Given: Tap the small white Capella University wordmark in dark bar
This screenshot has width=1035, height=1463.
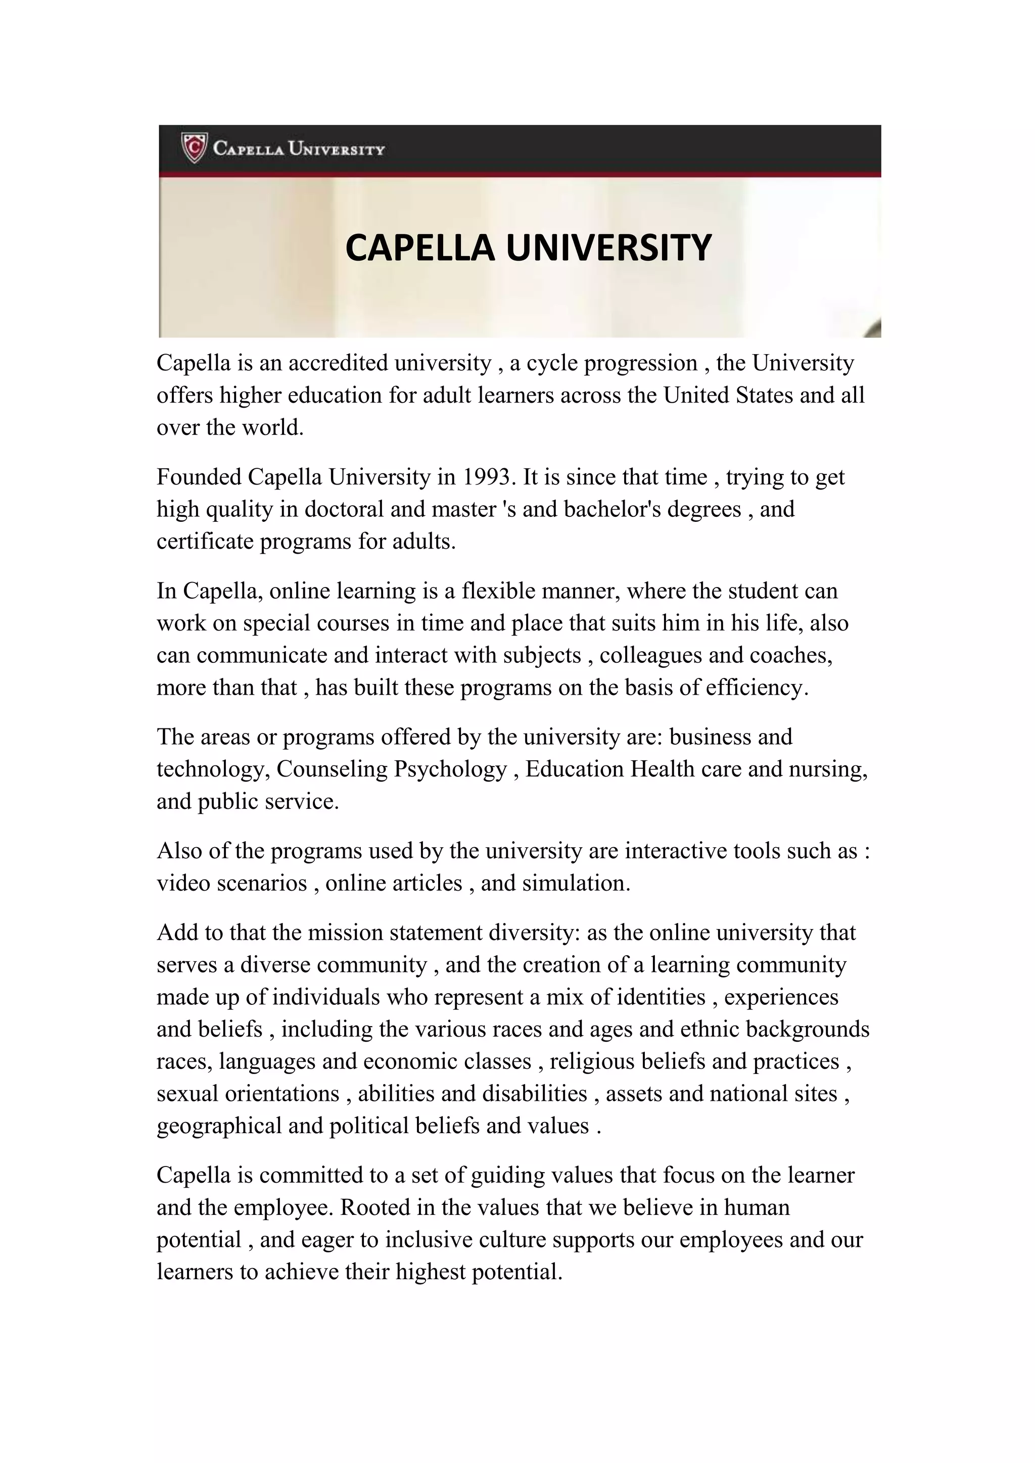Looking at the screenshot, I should [298, 149].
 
